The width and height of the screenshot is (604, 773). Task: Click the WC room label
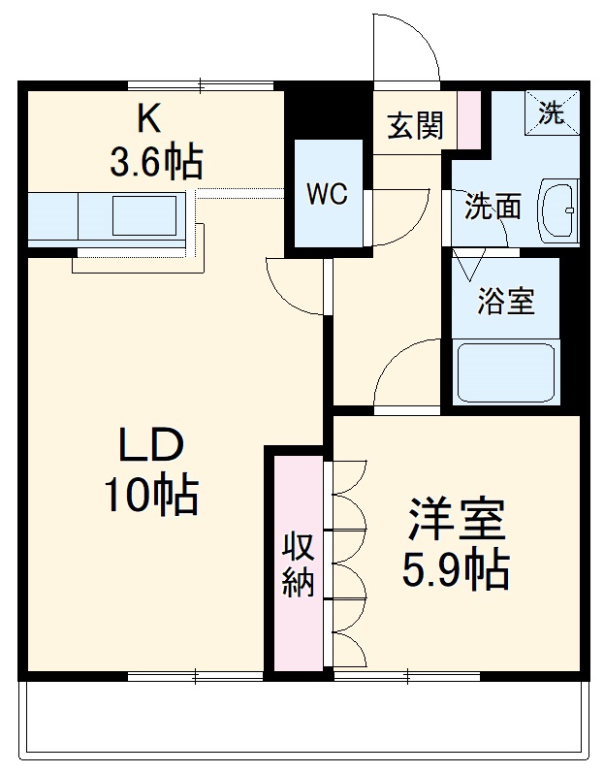pos(327,194)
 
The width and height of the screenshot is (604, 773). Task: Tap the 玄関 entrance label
pos(415,126)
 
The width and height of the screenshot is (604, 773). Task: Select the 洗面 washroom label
pos(493,206)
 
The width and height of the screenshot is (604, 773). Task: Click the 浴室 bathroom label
pos(504,301)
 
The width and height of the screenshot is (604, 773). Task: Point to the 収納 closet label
pos(298,565)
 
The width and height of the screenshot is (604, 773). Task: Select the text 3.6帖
pos(155,162)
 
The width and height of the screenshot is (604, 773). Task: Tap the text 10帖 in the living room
pos(151,497)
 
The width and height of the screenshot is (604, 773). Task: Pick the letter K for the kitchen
pos(148,119)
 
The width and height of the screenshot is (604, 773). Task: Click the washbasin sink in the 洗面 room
pos(559,211)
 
